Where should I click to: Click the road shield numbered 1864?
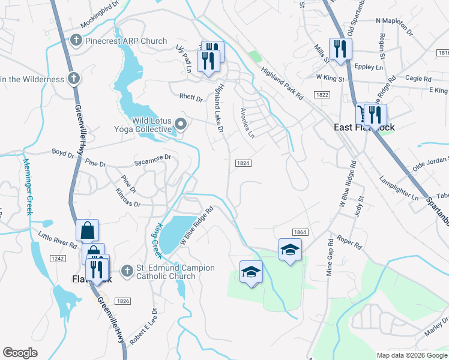(x=300, y=232)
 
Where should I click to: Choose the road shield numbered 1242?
(x=58, y=258)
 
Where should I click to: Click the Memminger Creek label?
(x=26, y=185)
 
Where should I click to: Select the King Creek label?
(x=157, y=238)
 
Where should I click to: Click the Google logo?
(x=20, y=353)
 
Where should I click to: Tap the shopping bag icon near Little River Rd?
(x=88, y=229)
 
